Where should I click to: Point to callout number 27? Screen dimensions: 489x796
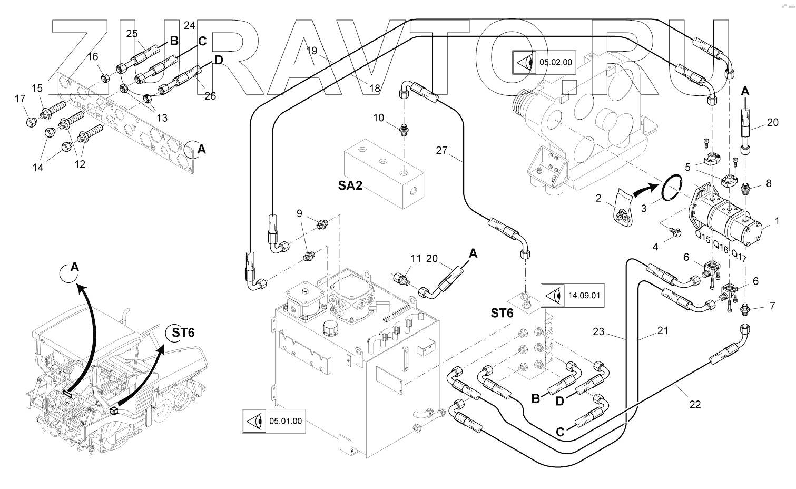(x=441, y=151)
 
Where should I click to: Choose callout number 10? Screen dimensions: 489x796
(x=379, y=118)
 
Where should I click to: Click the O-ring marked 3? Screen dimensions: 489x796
(x=669, y=190)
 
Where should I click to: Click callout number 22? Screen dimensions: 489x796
(x=695, y=404)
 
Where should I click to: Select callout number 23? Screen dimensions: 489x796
(x=598, y=332)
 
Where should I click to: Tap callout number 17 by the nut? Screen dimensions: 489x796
(x=19, y=99)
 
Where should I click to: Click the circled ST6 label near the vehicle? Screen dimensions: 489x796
(x=180, y=332)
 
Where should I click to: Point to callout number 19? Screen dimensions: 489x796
(x=312, y=51)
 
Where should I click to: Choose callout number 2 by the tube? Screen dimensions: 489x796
(x=598, y=198)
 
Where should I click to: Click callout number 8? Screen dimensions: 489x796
(x=769, y=183)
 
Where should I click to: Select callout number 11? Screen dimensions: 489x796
(x=416, y=258)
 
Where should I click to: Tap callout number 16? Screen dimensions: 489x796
(x=93, y=57)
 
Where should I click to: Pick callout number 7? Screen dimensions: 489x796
(x=772, y=306)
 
